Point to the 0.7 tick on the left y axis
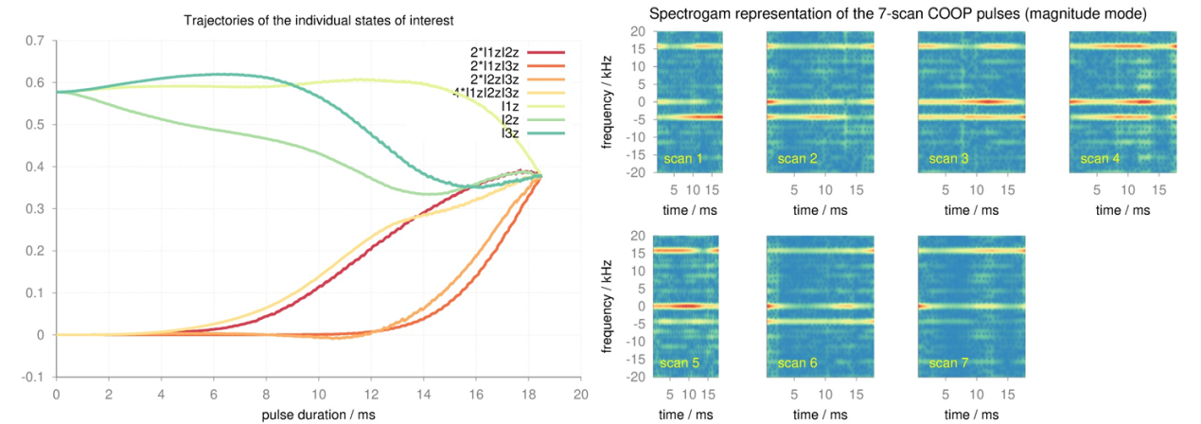[x=35, y=41]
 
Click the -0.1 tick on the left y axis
[x=33, y=377]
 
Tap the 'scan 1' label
[x=683, y=158]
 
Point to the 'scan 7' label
[x=948, y=362]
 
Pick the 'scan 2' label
[x=797, y=158]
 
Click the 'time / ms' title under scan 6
[x=821, y=414]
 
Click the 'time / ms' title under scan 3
[x=972, y=209]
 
